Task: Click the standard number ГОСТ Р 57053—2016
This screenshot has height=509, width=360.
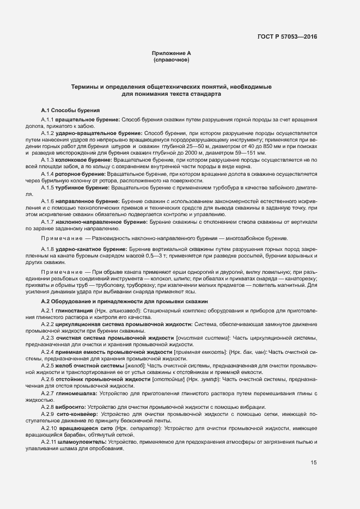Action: click(287, 37)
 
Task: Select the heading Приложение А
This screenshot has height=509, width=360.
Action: click(172, 53)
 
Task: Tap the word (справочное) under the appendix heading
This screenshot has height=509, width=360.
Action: click(172, 60)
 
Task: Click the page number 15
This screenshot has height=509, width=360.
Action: click(314, 463)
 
